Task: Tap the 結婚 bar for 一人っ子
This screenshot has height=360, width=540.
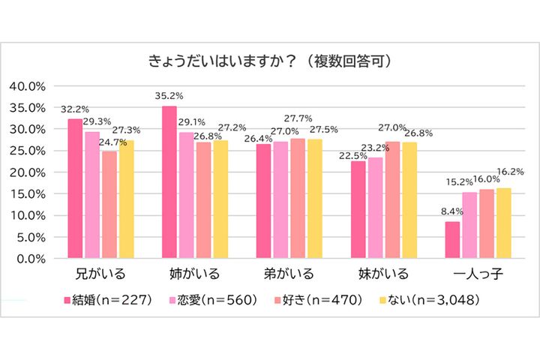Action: pos(451,240)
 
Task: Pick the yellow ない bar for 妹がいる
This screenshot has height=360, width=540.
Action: pos(409,200)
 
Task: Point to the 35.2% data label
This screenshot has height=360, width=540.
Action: pos(169,97)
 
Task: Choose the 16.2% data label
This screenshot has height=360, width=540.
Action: pos(510,172)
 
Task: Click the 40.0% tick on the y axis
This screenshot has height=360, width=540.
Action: pos(27,85)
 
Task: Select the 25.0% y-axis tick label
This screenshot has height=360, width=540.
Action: pos(27,151)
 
